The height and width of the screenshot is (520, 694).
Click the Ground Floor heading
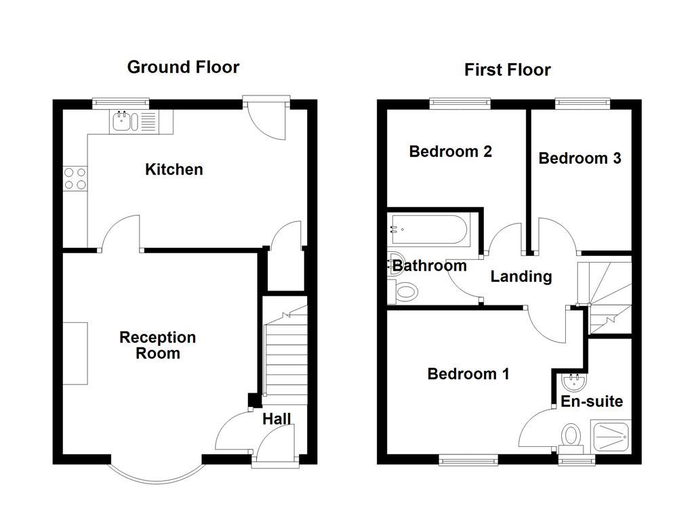tap(183, 67)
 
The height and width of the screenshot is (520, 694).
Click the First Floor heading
tap(507, 70)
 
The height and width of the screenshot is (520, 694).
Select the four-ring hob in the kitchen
tap(75, 178)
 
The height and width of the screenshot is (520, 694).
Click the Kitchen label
tap(173, 169)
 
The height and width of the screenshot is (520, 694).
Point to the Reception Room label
tap(157, 345)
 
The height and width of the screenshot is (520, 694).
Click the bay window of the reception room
tap(156, 474)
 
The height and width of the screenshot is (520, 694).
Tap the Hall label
tap(277, 419)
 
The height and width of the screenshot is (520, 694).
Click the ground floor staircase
tap(285, 359)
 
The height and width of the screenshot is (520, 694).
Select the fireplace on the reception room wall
tap(75, 353)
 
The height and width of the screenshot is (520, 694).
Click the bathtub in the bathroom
tap(427, 230)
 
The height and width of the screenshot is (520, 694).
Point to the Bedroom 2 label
tap(450, 152)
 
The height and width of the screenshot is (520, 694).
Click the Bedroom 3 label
tap(579, 158)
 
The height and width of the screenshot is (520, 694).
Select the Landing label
tap(520, 276)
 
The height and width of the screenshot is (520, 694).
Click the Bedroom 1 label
tap(468, 374)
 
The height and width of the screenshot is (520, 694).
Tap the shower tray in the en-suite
tap(611, 437)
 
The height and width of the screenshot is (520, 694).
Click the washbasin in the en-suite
tap(573, 383)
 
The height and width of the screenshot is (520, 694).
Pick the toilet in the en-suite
tap(571, 435)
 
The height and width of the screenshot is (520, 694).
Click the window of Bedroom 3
tap(583, 103)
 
